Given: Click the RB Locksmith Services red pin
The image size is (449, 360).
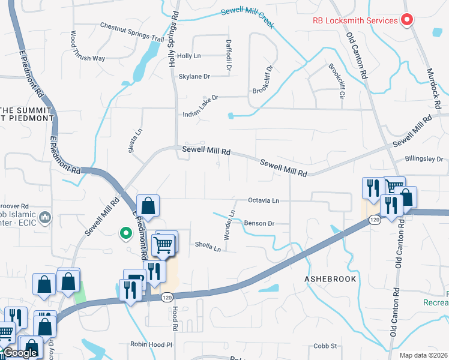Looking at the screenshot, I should (407, 20).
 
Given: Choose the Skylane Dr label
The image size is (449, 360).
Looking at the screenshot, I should (194, 76).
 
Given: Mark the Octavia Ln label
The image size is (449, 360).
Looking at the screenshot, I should (264, 200).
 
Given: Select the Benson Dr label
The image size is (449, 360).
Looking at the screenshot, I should (259, 223).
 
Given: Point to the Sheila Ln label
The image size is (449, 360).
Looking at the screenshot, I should (208, 244).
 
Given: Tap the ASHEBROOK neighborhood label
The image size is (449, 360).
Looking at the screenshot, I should (330, 279).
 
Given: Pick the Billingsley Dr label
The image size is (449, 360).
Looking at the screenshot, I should (424, 160).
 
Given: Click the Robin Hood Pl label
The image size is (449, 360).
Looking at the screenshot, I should (152, 345).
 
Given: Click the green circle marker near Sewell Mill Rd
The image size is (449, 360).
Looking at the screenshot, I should (125, 233).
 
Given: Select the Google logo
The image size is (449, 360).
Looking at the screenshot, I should (20, 353).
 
